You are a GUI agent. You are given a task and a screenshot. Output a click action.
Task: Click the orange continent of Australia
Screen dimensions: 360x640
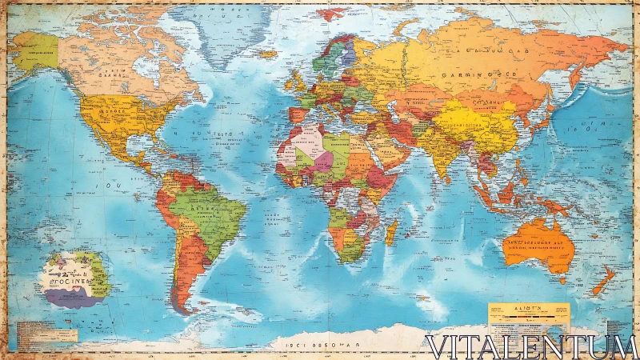[x=539, y=244]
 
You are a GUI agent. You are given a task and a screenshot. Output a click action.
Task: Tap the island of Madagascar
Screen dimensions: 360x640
[x=391, y=232]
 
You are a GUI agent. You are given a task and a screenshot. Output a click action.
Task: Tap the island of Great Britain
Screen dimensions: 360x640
[x=298, y=80]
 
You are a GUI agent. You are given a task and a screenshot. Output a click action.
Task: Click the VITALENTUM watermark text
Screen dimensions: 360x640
[x=531, y=346]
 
